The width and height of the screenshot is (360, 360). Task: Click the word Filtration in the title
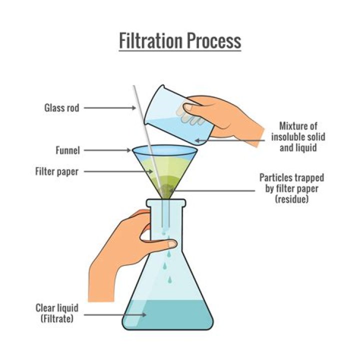pyautogui.click(x=148, y=41)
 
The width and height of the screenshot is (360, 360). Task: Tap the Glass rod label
pyautogui.click(x=61, y=107)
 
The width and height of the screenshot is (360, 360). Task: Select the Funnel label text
pyautogui.click(x=68, y=150)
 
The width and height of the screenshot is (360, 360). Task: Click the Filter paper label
pyautogui.click(x=57, y=171)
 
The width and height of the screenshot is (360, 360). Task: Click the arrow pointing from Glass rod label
pyautogui.click(x=108, y=107)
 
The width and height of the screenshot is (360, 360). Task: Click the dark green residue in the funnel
pyautogui.click(x=167, y=188)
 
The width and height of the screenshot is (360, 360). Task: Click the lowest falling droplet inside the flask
pyautogui.click(x=169, y=278)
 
